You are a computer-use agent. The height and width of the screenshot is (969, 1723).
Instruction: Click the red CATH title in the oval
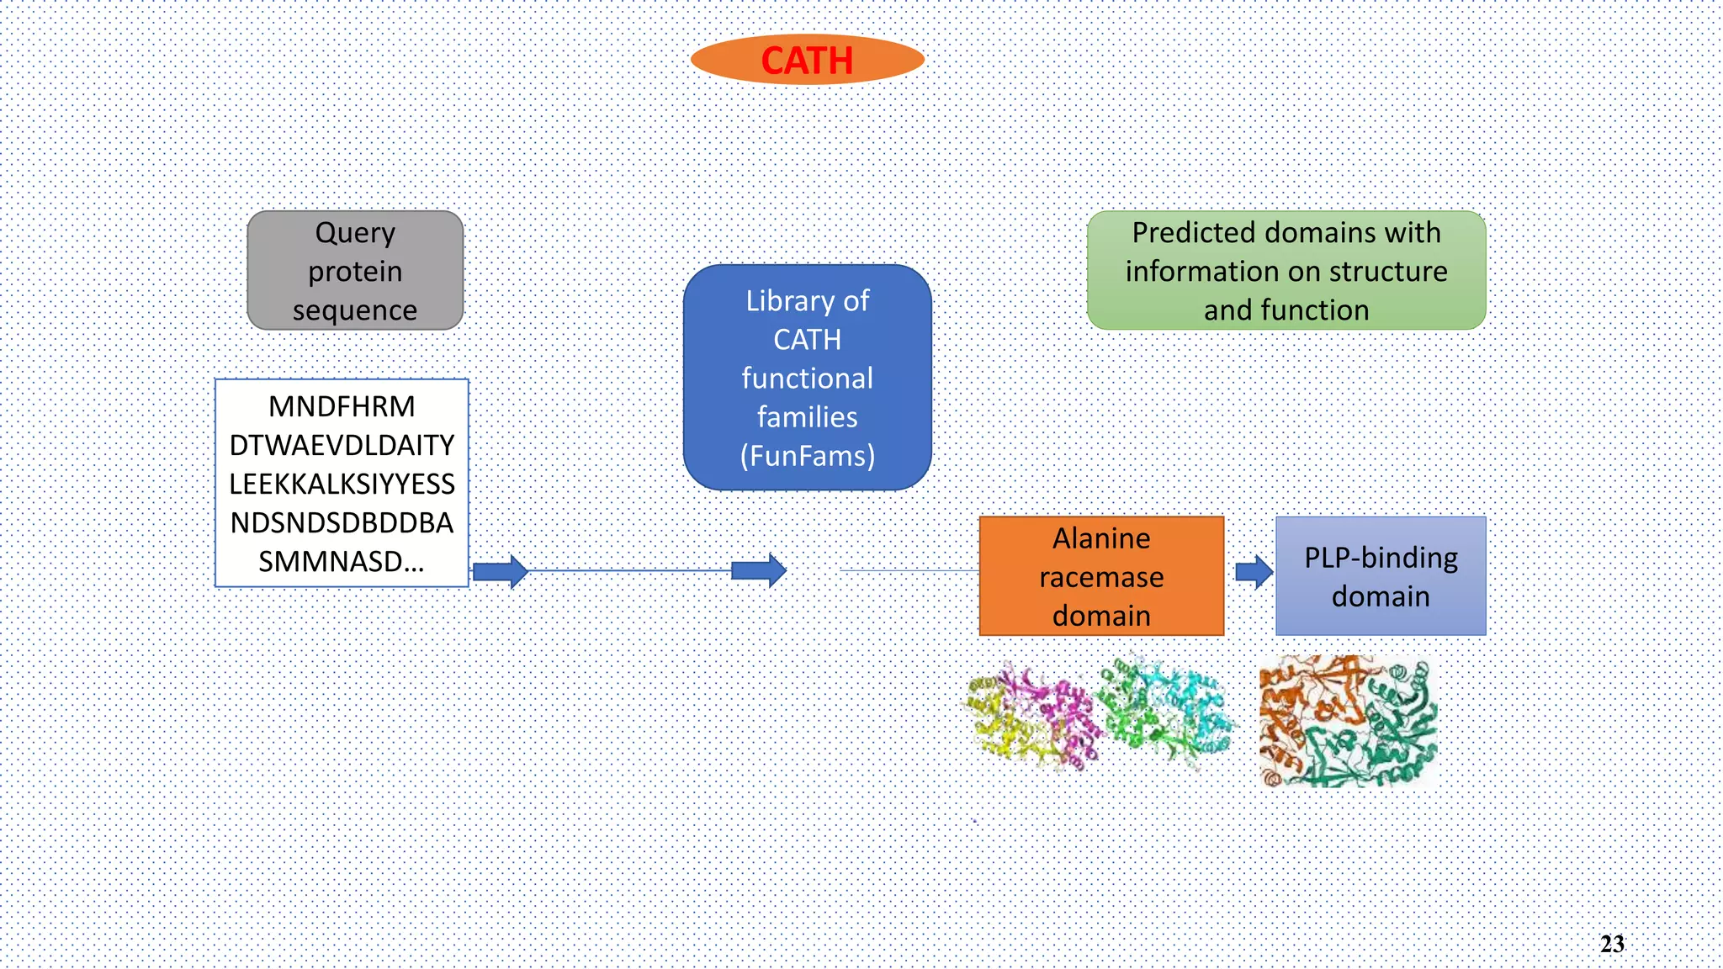807,61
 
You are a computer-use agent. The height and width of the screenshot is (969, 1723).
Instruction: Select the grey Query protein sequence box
355,270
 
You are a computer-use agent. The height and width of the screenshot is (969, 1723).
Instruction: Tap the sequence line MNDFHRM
342,406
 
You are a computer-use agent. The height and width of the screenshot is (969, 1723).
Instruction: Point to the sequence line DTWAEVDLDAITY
342,445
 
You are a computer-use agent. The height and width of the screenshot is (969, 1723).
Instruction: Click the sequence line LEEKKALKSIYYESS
342,484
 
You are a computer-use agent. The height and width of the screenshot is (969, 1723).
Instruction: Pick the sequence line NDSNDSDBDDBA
342,522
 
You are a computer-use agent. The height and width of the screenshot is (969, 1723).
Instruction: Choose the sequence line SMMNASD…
342,561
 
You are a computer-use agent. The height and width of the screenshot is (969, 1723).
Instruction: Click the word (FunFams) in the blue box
808,456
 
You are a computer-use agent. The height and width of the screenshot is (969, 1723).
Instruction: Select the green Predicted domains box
1286,270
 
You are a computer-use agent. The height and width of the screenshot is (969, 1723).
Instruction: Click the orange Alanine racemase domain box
1101,576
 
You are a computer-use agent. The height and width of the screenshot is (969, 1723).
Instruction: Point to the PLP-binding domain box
1381,576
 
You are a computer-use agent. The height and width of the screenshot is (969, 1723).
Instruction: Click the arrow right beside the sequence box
501,572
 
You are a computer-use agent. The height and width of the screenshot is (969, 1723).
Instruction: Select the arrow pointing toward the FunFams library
759,571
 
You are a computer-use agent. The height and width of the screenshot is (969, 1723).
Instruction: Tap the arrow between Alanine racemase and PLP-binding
1254,572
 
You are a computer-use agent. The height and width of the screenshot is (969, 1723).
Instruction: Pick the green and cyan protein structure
1166,712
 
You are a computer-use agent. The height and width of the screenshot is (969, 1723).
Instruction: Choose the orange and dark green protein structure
1348,722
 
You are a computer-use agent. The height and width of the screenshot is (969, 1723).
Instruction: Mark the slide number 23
1612,944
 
